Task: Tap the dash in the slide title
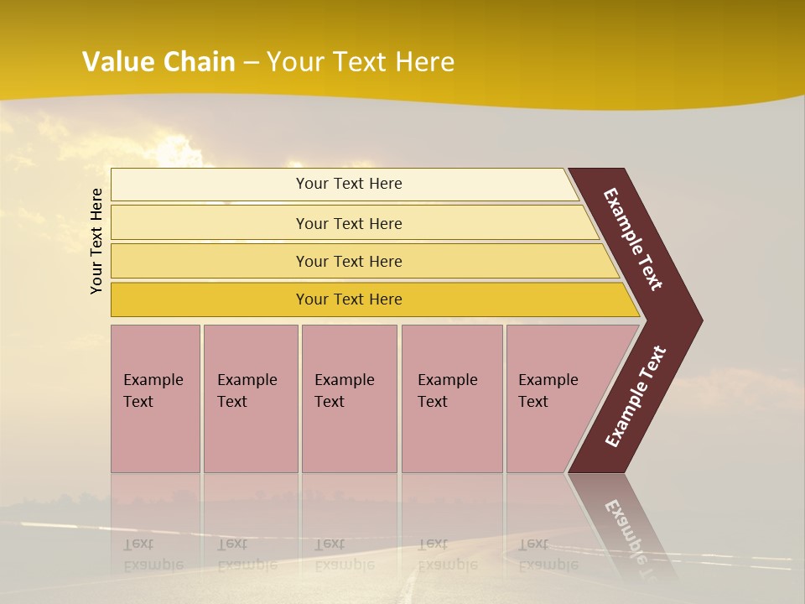pos(251,63)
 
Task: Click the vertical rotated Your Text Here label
pos(96,242)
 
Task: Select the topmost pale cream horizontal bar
pos(348,184)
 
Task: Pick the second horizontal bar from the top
pos(348,223)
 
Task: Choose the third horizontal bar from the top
pos(348,261)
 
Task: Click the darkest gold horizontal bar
pos(348,299)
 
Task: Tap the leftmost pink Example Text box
pos(155,398)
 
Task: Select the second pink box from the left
pos(250,398)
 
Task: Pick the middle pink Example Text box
pos(349,398)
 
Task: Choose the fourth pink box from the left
pos(452,398)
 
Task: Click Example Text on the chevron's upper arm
pos(634,239)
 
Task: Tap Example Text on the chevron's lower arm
pos(636,397)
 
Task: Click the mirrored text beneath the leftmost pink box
pos(153,555)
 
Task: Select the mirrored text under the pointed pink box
pos(548,555)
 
